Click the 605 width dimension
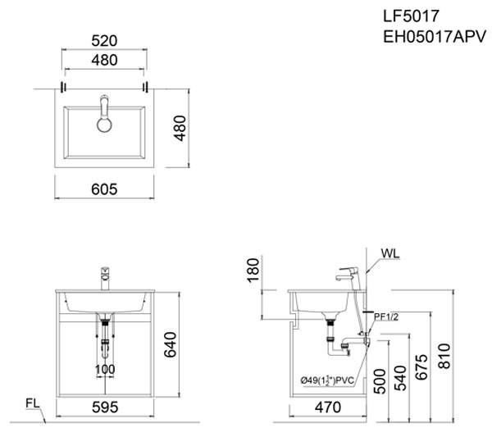tap(104, 189)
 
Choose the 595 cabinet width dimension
tap(104, 407)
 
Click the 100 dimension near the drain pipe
tap(104, 369)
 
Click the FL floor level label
tap(32, 403)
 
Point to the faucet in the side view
tap(349, 275)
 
